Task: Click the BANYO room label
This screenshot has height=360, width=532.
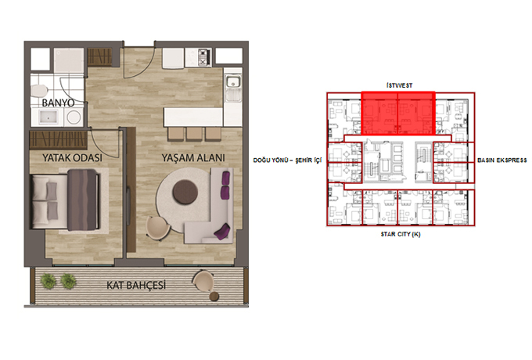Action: pyautogui.click(x=58, y=103)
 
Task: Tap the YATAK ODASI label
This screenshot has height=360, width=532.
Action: pyautogui.click(x=72, y=158)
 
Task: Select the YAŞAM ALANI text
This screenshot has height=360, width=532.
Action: pyautogui.click(x=193, y=158)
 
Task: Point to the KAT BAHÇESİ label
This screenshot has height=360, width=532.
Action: pyautogui.click(x=136, y=285)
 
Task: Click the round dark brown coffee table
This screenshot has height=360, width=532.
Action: pyautogui.click(x=185, y=192)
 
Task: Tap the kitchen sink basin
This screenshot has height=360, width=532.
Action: pyautogui.click(x=233, y=82)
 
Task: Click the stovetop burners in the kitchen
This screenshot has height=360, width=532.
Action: pyautogui.click(x=204, y=56)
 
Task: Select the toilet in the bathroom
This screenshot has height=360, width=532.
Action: pyautogui.click(x=38, y=91)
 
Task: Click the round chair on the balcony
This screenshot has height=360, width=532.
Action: pyautogui.click(x=203, y=281)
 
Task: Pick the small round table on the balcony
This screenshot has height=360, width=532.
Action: pyautogui.click(x=214, y=296)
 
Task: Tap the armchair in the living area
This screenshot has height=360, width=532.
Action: pyautogui.click(x=157, y=228)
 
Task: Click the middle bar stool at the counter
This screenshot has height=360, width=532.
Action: pyautogui.click(x=194, y=134)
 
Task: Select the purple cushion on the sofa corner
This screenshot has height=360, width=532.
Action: pyautogui.click(x=222, y=232)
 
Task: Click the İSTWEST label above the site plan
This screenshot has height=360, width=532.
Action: pyautogui.click(x=399, y=85)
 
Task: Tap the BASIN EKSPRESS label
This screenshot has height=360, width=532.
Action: pyautogui.click(x=502, y=160)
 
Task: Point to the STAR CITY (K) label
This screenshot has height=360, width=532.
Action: pyautogui.click(x=401, y=234)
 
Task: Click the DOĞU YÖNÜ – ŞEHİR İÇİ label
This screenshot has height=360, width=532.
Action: pyautogui.click(x=287, y=160)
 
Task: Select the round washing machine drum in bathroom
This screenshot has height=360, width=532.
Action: pyautogui.click(x=74, y=117)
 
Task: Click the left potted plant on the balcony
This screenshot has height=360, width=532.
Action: pyautogui.click(x=49, y=281)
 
